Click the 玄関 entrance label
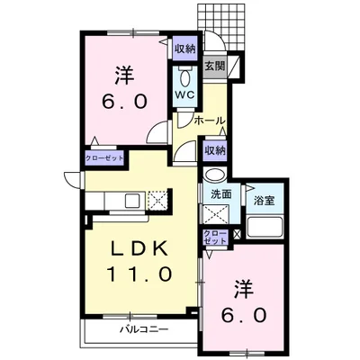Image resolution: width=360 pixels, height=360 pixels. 215,67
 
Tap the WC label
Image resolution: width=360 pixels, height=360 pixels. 184,94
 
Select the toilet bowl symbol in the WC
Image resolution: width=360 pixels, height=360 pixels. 184,78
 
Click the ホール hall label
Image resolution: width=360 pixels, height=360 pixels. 210,121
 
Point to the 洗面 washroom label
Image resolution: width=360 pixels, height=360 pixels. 221,194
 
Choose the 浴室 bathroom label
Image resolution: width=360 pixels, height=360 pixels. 265,201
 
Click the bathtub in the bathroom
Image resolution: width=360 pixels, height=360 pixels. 265,227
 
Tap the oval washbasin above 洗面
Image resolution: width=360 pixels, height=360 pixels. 215,175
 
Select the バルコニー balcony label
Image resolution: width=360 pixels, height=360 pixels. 144,329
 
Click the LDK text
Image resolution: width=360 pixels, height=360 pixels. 139,248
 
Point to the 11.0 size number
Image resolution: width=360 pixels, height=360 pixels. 139,274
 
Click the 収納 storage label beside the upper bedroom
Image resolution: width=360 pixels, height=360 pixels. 185,49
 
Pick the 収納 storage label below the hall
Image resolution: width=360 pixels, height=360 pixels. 215,150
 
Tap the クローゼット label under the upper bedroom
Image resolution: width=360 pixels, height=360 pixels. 104,158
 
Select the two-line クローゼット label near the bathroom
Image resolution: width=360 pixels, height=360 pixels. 215,238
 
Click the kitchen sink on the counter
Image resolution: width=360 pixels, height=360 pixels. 132,201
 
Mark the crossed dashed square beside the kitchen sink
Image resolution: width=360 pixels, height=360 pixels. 157,200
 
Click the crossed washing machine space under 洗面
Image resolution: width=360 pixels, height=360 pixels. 215,213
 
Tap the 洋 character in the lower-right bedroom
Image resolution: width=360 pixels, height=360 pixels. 244,290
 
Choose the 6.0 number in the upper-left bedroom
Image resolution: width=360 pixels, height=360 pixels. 125,102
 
